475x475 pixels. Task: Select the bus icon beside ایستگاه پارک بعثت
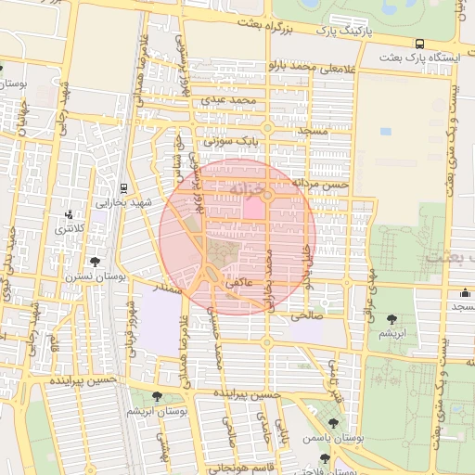(420, 43)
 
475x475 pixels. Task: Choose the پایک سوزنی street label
(234, 140)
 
